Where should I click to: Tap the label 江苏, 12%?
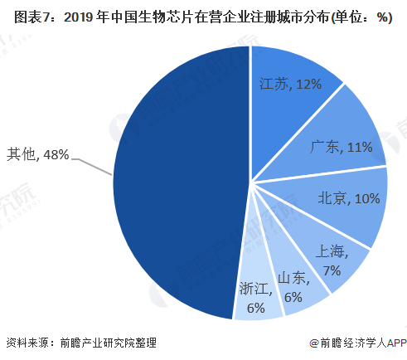pyautogui.click(x=290, y=84)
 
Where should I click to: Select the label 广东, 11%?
pyautogui.click(x=342, y=147)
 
